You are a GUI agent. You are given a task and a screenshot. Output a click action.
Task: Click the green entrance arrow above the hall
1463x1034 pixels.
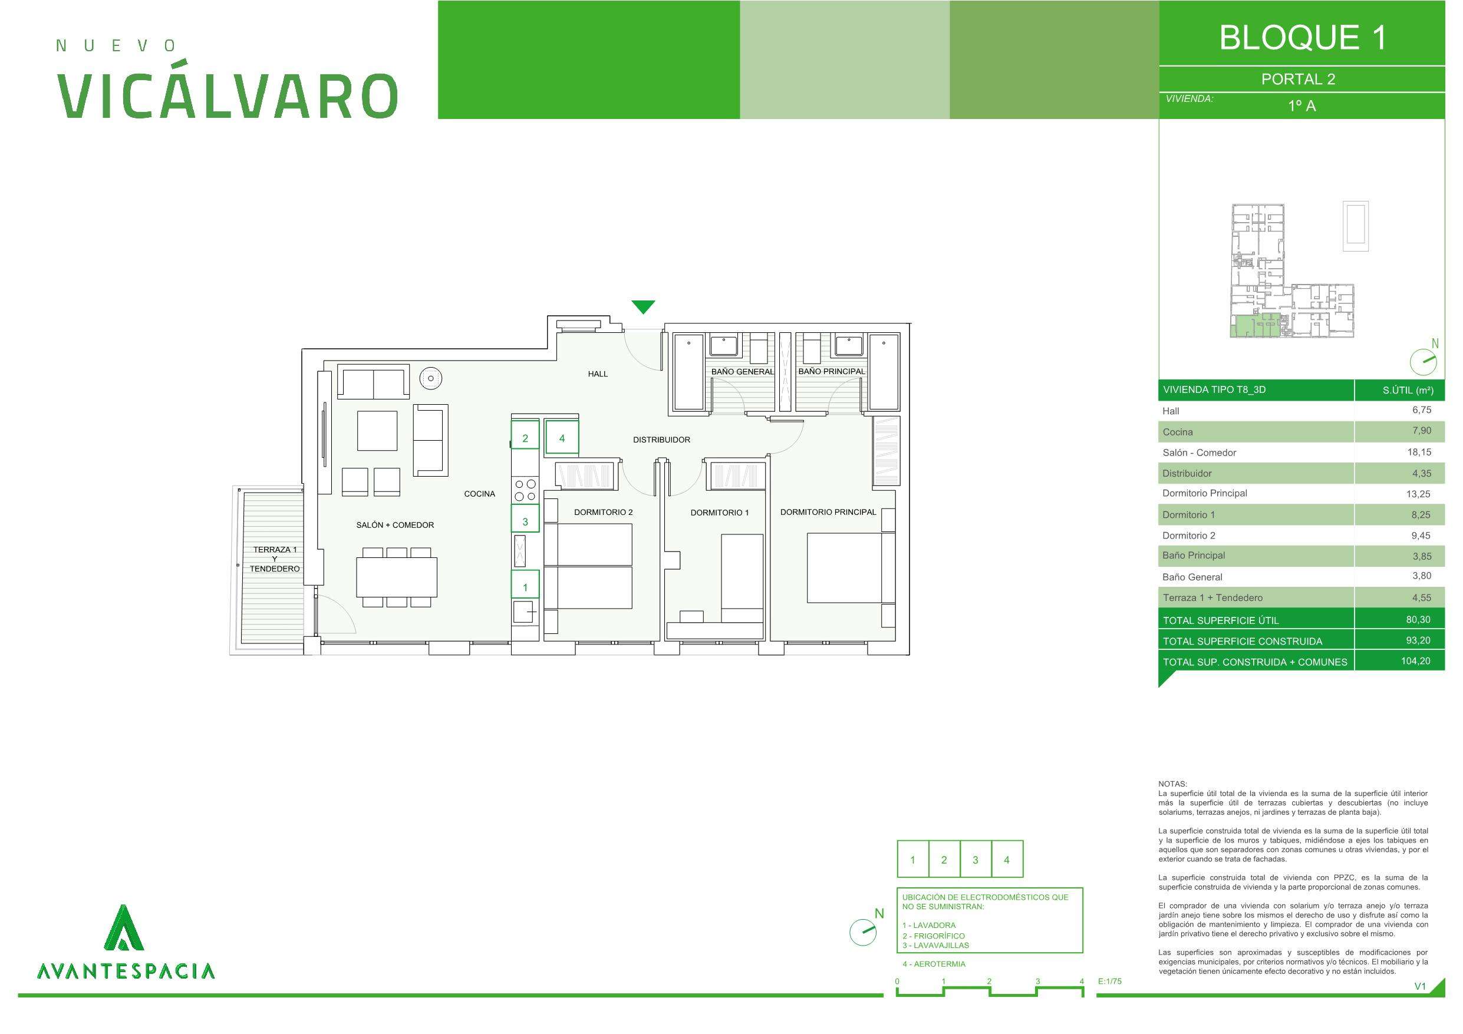click(643, 306)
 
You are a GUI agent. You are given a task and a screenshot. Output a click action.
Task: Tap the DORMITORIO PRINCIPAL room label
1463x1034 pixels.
click(828, 511)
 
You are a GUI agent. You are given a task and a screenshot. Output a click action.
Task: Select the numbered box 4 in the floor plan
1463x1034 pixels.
click(562, 438)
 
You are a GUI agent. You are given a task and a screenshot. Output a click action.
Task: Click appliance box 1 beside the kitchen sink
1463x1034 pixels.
click(525, 587)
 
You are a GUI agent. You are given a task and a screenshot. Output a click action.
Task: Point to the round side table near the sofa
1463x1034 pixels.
click(431, 378)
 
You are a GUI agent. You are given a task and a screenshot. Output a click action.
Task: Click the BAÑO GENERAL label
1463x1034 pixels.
click(742, 371)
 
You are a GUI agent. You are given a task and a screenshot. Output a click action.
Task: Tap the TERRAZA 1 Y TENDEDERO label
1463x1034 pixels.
click(275, 559)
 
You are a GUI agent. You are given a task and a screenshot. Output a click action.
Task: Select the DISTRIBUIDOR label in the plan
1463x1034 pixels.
click(661, 440)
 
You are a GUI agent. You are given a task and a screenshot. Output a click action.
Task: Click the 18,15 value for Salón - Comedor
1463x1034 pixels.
click(1419, 452)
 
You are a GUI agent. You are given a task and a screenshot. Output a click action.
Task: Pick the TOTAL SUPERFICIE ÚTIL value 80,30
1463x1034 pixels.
click(1419, 619)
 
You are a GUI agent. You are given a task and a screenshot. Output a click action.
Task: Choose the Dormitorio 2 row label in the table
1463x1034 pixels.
click(1188, 535)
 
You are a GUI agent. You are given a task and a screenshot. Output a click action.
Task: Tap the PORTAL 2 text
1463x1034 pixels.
click(1298, 79)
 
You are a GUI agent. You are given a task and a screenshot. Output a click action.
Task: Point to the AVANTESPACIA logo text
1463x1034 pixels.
click(126, 971)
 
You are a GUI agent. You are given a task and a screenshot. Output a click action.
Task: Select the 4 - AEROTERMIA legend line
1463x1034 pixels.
click(934, 964)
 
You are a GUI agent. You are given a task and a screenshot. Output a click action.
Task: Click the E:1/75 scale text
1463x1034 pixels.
click(1109, 981)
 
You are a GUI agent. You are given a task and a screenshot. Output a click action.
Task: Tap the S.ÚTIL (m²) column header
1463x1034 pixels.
click(1408, 390)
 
